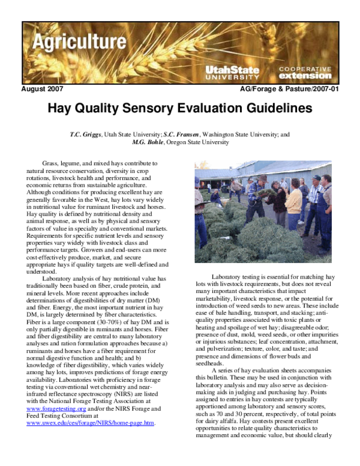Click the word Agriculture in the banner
click(x=75, y=42)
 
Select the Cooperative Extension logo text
click(x=304, y=73)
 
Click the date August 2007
click(x=42, y=89)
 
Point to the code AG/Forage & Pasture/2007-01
click(x=289, y=89)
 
